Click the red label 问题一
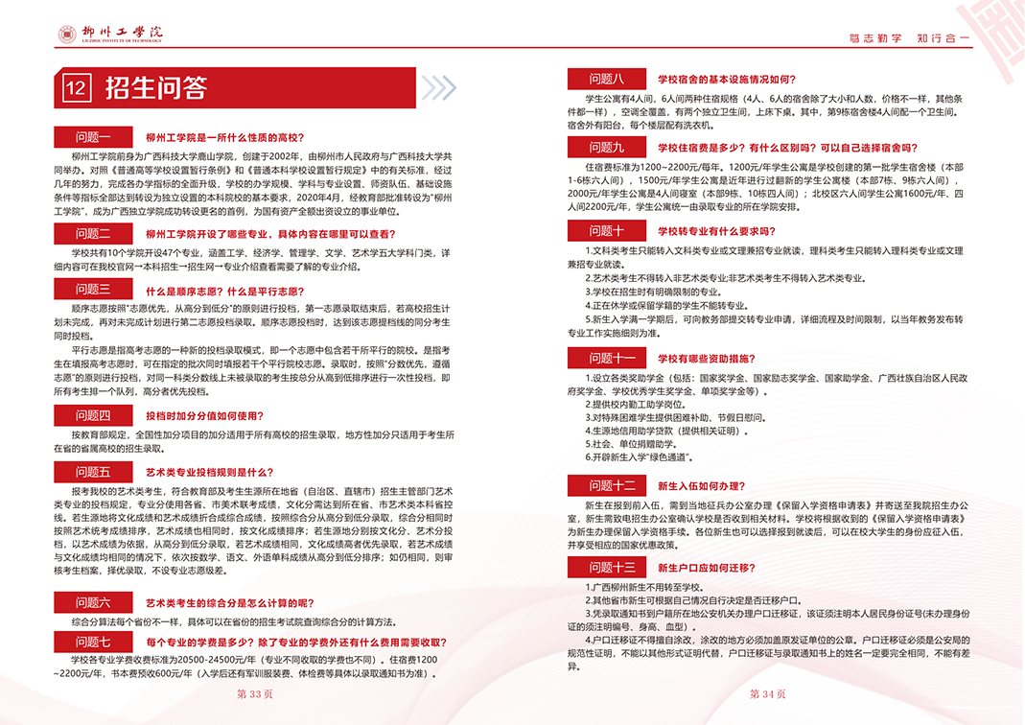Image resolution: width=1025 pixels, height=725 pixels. (x=94, y=138)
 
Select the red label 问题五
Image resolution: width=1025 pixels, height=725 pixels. (x=94, y=472)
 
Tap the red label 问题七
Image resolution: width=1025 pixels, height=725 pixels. (x=94, y=643)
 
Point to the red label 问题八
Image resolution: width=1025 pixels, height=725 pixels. (x=608, y=79)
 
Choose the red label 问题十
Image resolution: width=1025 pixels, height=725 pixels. (x=608, y=231)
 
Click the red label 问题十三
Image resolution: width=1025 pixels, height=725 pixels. (x=612, y=567)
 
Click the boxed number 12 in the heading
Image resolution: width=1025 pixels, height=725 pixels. (x=77, y=88)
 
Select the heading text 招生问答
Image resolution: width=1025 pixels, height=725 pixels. (x=155, y=88)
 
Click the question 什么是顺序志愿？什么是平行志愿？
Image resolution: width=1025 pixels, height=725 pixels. (x=221, y=290)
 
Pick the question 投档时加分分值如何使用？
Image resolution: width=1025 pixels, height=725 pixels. (x=202, y=415)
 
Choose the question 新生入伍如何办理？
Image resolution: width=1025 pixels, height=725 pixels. (x=702, y=486)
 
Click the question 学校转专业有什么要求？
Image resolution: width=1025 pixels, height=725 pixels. (x=715, y=231)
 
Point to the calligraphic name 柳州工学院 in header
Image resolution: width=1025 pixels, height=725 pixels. (x=122, y=32)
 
